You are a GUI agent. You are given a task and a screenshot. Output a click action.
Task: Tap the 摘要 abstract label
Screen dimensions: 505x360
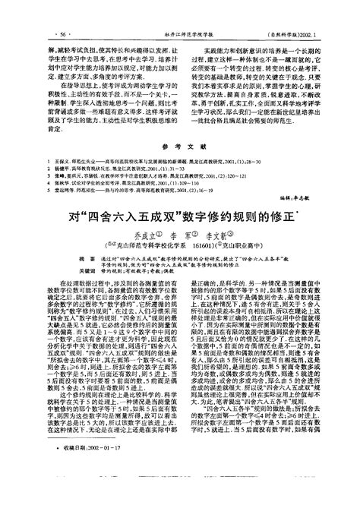coord(55,260)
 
